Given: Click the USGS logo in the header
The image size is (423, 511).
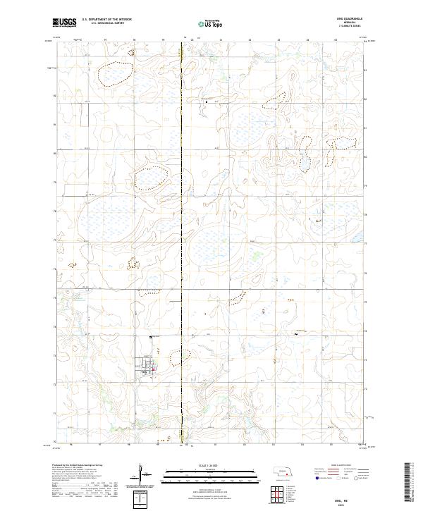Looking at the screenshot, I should (x=64, y=23).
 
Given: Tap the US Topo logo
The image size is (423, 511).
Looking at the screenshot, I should (x=211, y=23).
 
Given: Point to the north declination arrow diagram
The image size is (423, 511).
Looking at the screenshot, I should (x=141, y=476).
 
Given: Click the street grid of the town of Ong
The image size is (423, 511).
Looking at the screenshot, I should (x=147, y=366).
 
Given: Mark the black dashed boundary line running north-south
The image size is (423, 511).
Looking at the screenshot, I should (x=183, y=211).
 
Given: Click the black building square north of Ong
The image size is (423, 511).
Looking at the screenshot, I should (x=150, y=338).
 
